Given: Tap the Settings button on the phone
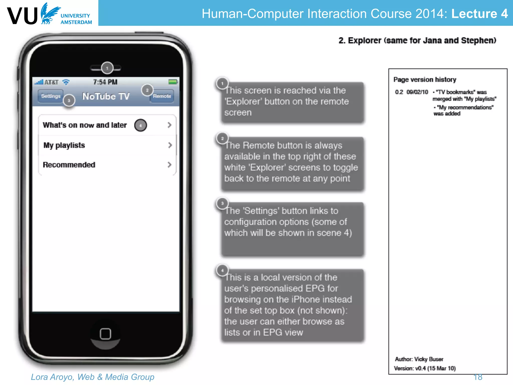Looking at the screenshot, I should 50,96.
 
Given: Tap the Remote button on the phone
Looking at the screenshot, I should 162,96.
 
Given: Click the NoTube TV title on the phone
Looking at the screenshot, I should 106,96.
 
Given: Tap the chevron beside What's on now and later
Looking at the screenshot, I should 170,125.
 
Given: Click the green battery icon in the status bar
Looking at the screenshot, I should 173,82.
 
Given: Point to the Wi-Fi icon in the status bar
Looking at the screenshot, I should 66,82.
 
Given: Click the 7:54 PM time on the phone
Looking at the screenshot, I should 105,82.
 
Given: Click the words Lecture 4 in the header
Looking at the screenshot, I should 479,14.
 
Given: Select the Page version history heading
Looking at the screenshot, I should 425,80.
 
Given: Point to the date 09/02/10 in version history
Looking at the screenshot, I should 417,92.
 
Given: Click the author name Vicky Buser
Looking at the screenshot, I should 429,359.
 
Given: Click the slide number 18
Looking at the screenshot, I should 478,377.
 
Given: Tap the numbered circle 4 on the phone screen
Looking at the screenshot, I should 141,125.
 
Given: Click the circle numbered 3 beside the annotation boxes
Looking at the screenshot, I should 222,204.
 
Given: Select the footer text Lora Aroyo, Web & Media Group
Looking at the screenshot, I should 92,377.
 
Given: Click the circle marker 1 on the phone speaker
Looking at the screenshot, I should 107,68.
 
